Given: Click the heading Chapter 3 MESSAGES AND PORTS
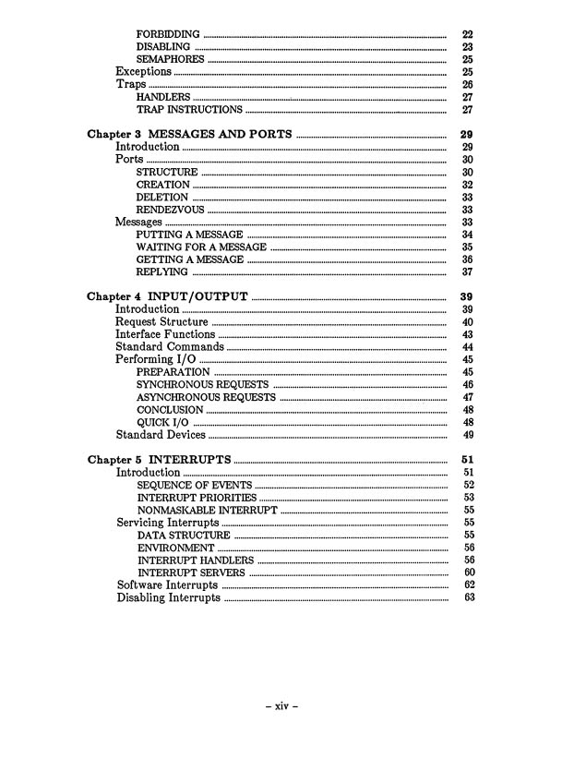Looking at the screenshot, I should pyautogui.click(x=189, y=134).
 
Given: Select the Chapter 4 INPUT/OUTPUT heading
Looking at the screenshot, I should pyautogui.click(x=167, y=296).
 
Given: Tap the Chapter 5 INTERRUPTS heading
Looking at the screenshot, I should pyautogui.click(x=159, y=459).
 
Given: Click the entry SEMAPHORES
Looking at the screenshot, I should pyautogui.click(x=170, y=59).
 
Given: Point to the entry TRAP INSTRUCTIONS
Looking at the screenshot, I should pyautogui.click(x=189, y=110).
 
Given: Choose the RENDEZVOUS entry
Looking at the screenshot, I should pyautogui.click(x=170, y=210).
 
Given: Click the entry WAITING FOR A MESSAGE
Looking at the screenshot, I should pyautogui.click(x=200, y=247).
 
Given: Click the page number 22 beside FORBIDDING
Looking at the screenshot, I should pyautogui.click(x=467, y=34).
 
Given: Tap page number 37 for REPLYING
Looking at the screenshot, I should pyautogui.click(x=467, y=272).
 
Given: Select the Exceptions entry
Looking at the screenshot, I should pyautogui.click(x=143, y=72).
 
